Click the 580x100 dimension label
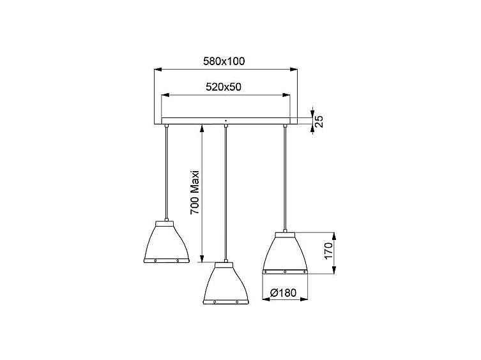[224, 62]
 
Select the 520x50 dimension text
[223, 87]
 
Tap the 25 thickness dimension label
[320, 121]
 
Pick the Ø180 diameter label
[284, 293]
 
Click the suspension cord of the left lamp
[166, 172]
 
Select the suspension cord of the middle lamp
[225, 191]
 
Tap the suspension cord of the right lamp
[285, 179]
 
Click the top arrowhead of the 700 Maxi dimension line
[202, 127]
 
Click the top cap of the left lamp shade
[166, 221]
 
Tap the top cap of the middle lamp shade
[225, 264]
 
